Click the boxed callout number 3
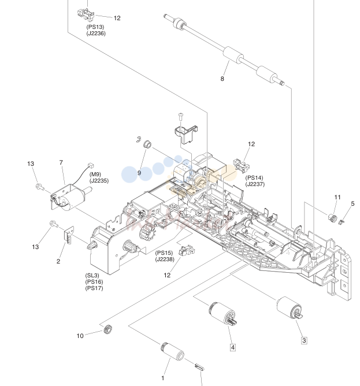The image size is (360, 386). pyautogui.click(x=304, y=340)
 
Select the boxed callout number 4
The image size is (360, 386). pyautogui.click(x=233, y=347)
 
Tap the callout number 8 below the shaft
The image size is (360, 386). pyautogui.click(x=222, y=79)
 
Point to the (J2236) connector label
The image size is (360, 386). pyautogui.click(x=96, y=34)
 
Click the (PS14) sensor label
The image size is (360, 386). pyautogui.click(x=254, y=177)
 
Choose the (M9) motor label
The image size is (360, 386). pyautogui.click(x=95, y=175)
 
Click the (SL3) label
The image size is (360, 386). pyautogui.click(x=92, y=276)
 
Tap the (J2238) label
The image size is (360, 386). pyautogui.click(x=165, y=259)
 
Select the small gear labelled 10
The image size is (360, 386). pyautogui.click(x=107, y=329)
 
